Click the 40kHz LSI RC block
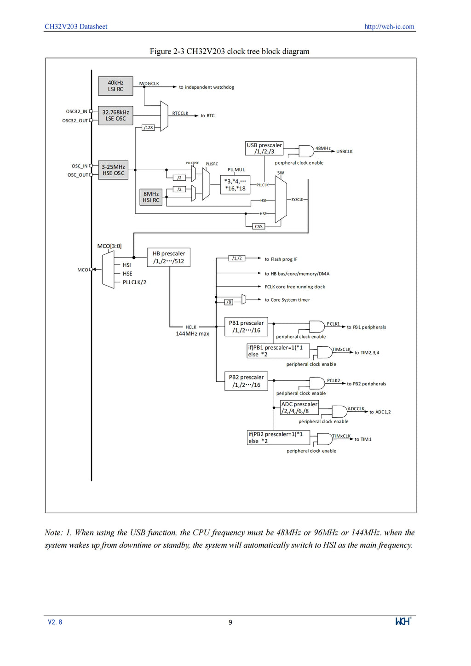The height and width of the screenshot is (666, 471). [x=115, y=86]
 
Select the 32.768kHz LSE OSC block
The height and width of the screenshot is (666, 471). [x=115, y=115]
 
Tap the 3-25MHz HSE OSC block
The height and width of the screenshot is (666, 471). [x=113, y=170]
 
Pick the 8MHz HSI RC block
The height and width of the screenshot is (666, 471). [x=151, y=197]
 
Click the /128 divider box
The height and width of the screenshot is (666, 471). [x=148, y=127]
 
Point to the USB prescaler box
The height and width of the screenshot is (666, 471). [x=264, y=149]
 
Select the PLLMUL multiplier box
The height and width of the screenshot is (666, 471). [x=235, y=184]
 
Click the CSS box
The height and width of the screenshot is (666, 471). [x=258, y=227]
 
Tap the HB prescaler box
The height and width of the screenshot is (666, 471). [x=169, y=258]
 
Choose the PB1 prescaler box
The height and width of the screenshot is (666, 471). [x=246, y=327]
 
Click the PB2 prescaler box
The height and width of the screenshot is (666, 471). [x=246, y=381]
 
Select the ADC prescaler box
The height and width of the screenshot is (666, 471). [x=299, y=408]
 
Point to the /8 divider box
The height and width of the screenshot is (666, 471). [x=229, y=302]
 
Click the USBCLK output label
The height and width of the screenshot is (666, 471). [x=345, y=152]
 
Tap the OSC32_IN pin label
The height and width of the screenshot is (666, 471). [x=76, y=111]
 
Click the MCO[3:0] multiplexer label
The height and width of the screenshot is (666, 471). [x=109, y=246]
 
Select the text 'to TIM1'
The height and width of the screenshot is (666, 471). [x=363, y=439]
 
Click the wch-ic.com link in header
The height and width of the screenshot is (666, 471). [x=389, y=27]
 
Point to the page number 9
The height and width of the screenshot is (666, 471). [x=230, y=622]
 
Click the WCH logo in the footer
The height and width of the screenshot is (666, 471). [x=403, y=621]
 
